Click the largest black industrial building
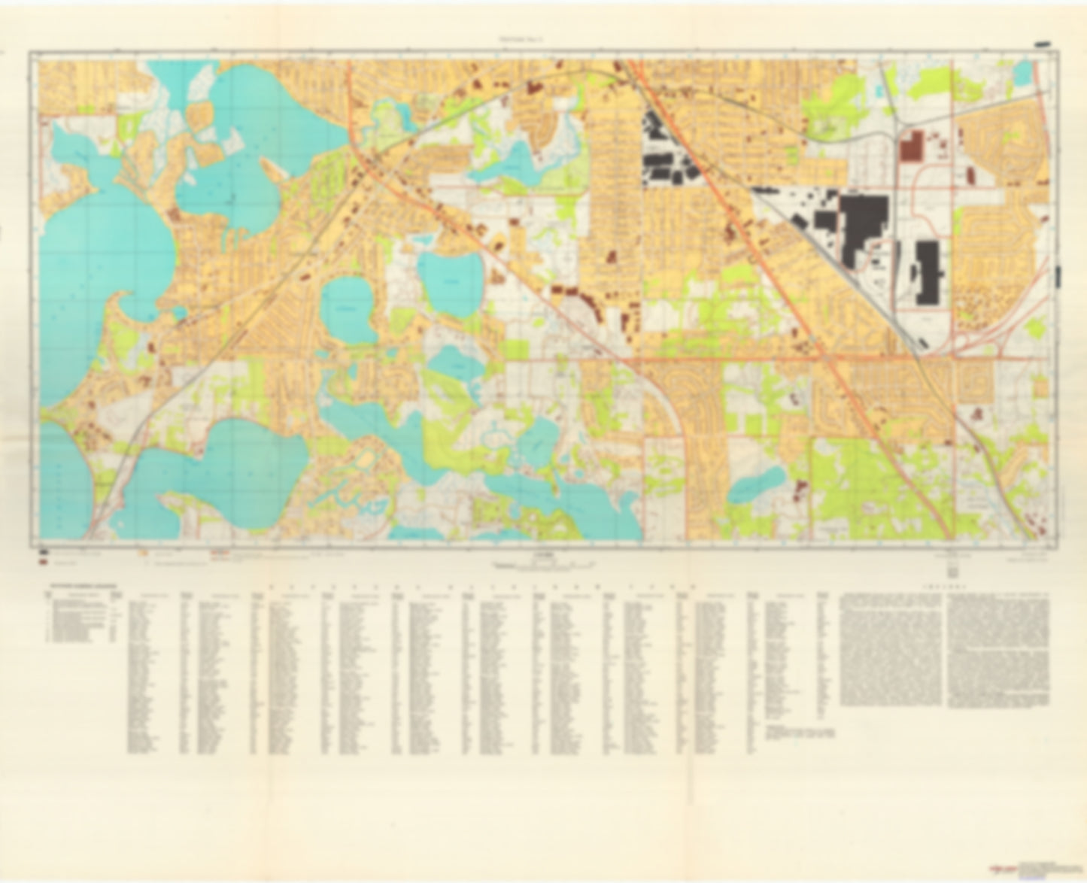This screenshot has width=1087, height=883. [863, 226]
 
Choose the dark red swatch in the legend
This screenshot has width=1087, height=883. [45, 561]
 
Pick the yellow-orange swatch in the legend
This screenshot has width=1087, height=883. [143, 552]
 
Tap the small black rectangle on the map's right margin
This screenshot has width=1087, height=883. [1059, 275]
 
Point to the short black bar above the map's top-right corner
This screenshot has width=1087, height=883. [1044, 45]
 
